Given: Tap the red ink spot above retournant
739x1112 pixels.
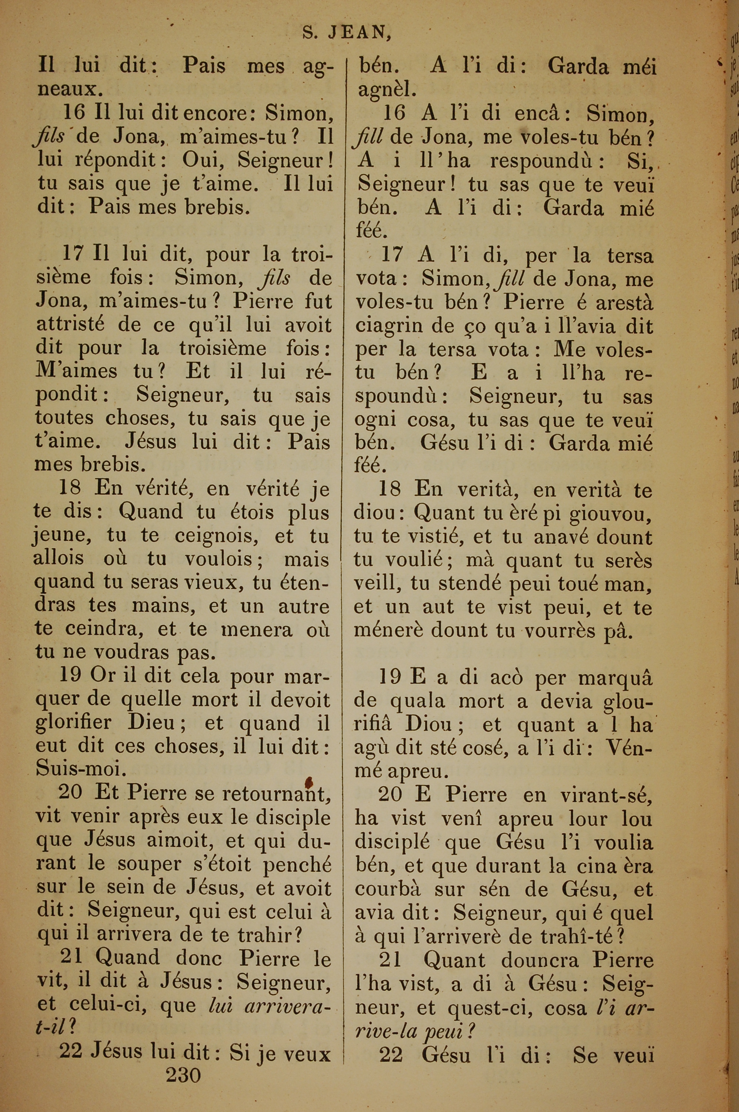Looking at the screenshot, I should pos(310,783).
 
